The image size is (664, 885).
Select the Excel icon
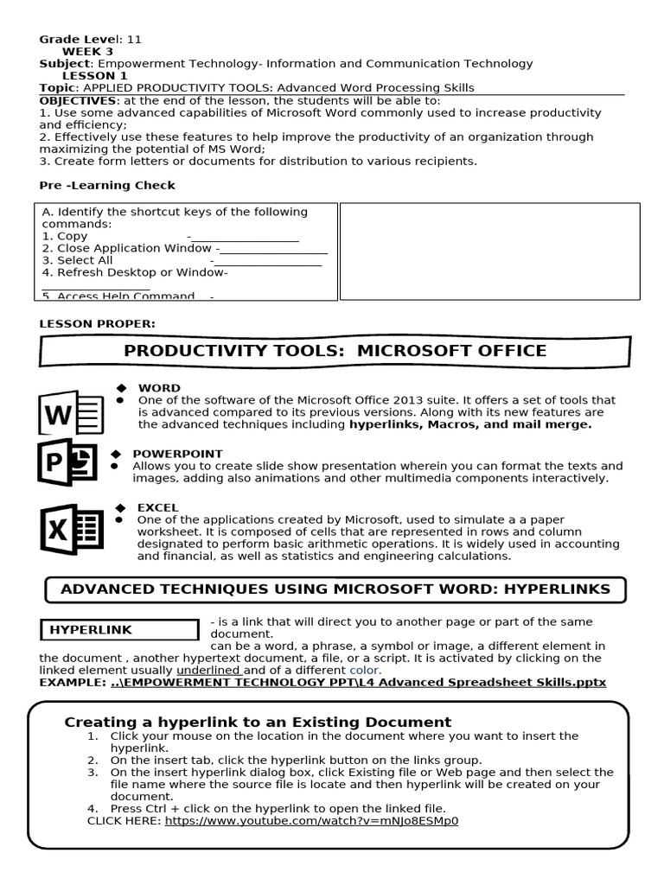click(x=71, y=528)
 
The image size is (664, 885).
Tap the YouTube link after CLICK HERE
click(x=311, y=820)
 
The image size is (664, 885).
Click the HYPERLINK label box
click(x=119, y=630)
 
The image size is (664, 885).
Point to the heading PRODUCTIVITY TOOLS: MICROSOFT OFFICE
click(x=335, y=350)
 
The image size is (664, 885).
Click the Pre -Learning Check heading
click(x=107, y=185)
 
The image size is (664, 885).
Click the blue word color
click(x=364, y=670)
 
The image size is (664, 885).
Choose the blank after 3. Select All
click(x=267, y=261)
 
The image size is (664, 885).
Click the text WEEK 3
click(x=87, y=51)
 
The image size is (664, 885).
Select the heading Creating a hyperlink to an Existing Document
click(x=258, y=722)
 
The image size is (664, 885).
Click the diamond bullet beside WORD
click(x=121, y=388)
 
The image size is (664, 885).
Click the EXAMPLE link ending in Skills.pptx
click(x=358, y=682)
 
